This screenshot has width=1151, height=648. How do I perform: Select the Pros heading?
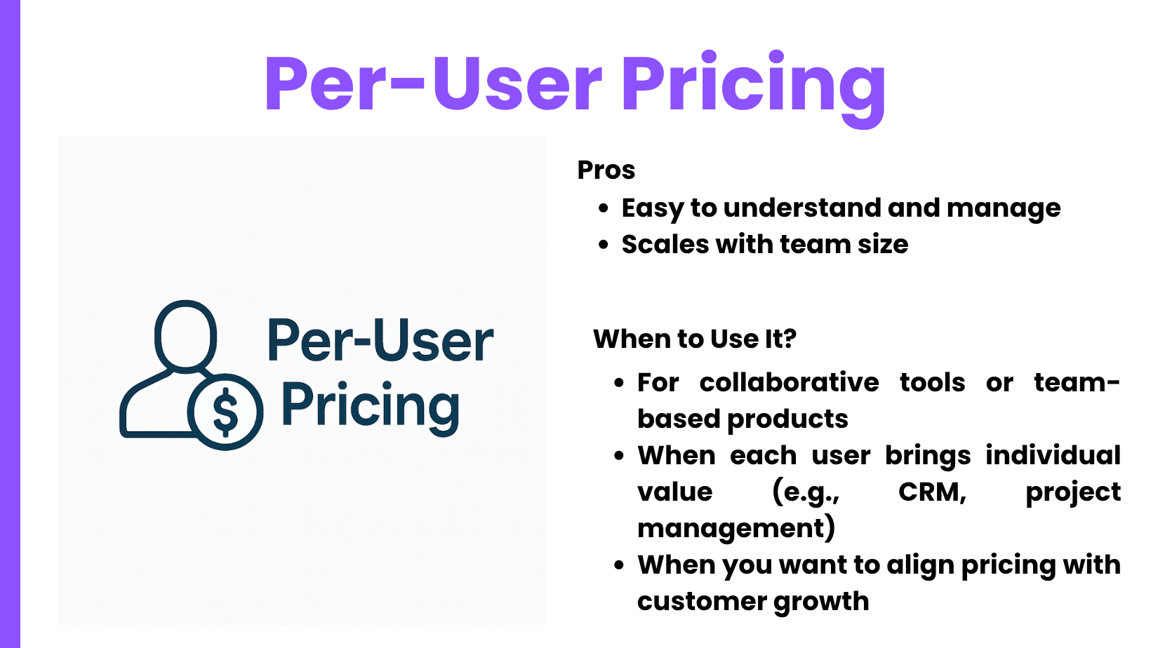(606, 170)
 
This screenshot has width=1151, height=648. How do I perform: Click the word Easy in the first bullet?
(652, 209)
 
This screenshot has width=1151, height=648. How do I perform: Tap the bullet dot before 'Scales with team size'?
(604, 245)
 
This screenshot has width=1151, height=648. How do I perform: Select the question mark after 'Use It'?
(790, 339)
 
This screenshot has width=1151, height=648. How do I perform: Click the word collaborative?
(789, 382)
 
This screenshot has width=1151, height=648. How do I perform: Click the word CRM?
(931, 492)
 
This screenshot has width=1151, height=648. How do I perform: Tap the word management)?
(736, 529)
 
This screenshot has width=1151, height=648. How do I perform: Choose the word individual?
(1053, 455)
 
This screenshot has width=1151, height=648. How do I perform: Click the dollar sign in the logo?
(225, 412)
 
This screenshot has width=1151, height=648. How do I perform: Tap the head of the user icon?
(185, 335)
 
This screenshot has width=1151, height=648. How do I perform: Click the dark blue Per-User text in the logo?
(380, 340)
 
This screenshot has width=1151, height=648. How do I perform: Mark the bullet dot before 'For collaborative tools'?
(619, 383)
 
